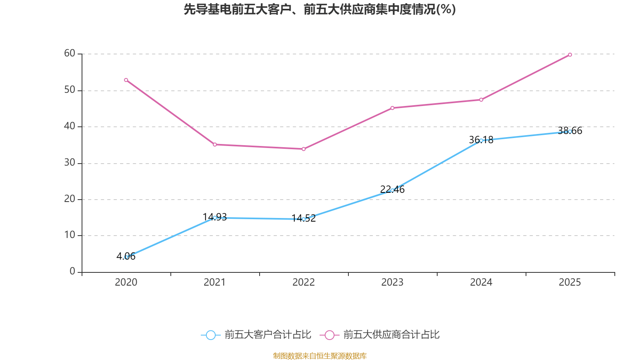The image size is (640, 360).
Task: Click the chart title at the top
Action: tap(320, 9)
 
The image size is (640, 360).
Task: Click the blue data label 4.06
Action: tap(126, 256)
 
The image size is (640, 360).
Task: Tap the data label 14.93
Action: tap(215, 217)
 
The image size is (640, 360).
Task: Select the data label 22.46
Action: tap(392, 190)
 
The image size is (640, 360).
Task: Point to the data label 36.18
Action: tap(481, 140)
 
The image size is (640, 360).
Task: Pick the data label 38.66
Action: tap(570, 131)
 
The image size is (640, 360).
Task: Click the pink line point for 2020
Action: tap(126, 80)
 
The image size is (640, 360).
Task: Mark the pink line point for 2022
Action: tap(304, 149)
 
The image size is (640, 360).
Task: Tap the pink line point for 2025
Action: tap(570, 55)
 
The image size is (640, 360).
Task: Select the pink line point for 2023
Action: tap(392, 108)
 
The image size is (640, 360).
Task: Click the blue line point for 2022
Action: tap(304, 219)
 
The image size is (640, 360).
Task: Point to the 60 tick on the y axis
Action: tap(70, 53)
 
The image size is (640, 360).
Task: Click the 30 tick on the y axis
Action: tap(70, 163)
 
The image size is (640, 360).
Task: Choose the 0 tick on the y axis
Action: tap(72, 272)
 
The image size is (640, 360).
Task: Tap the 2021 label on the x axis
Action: tap(215, 282)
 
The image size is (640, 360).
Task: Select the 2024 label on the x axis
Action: tap(481, 282)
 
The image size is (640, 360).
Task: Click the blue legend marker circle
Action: tap(210, 335)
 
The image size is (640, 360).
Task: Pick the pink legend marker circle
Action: tap(329, 335)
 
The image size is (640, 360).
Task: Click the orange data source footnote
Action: tap(320, 356)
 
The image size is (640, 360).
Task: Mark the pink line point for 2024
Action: tap(481, 100)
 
